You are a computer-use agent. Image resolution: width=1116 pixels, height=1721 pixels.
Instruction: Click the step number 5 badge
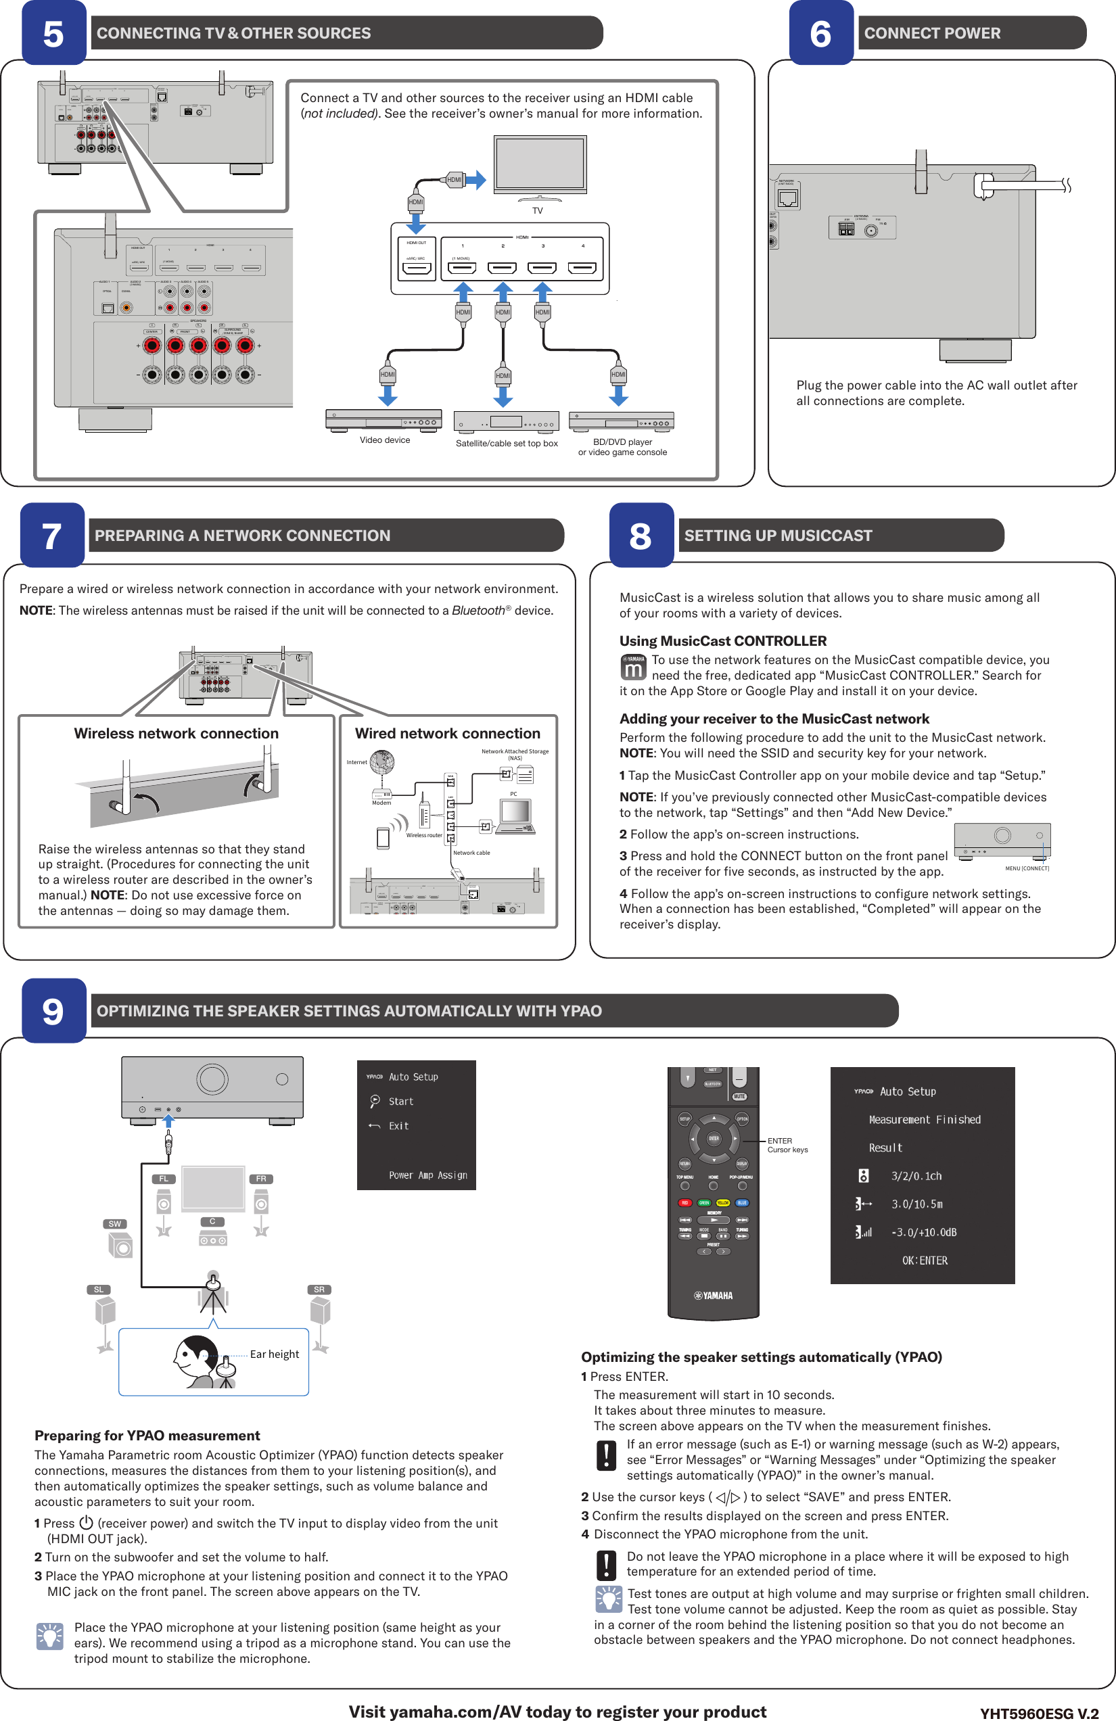pos(53,33)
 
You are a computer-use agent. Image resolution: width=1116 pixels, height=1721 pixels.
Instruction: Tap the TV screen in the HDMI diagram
pos(540,163)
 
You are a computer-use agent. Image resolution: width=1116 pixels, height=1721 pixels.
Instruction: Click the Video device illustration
pos(383,420)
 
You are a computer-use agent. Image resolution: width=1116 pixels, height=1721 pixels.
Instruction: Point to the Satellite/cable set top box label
pos(507,443)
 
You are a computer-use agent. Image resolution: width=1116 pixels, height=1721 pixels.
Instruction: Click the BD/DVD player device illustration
pos(622,421)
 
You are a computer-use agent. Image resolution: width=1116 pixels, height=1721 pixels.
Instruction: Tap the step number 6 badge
pos(821,33)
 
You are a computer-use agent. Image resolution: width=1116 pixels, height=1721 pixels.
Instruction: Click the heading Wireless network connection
pos(176,733)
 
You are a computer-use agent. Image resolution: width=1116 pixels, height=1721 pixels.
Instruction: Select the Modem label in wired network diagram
pos(381,803)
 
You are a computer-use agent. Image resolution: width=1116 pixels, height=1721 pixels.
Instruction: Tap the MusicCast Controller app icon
pos(633,667)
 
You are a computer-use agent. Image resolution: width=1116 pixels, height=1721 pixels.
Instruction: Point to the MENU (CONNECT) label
pos(1026,868)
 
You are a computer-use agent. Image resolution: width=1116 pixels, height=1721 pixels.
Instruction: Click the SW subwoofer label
pos(115,1224)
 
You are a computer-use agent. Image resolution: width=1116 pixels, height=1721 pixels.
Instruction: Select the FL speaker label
pos(164,1179)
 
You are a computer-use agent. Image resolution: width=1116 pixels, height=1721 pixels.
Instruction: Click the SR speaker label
pos(319,1290)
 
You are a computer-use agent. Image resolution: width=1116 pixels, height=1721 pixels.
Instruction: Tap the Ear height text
pos(274,1354)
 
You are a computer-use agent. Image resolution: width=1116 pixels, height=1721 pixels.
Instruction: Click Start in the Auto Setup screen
pos(400,1102)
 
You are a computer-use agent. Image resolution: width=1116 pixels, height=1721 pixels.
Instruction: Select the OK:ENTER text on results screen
pos(925,1260)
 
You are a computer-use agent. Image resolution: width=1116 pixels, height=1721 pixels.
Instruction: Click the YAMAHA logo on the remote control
pos(713,1296)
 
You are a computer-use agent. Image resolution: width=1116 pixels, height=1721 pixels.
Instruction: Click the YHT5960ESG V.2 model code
pos(1039,1713)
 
